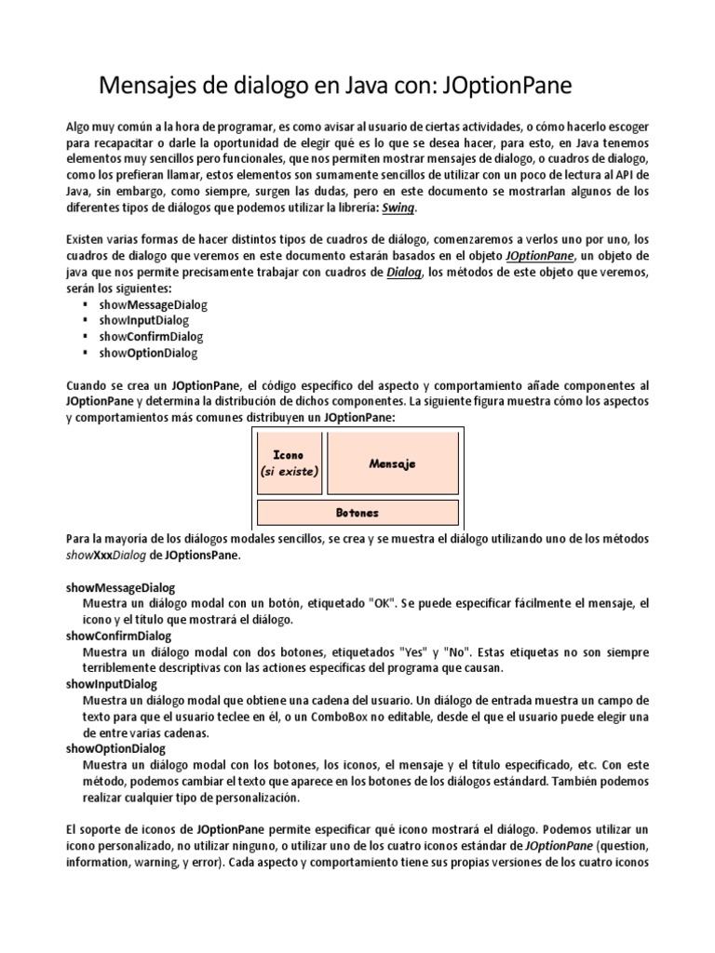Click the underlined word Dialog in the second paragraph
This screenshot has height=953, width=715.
pos(403,272)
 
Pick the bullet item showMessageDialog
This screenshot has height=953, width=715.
pos(153,304)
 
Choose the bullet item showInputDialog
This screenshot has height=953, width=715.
pos(143,320)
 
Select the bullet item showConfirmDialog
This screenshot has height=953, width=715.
pos(151,336)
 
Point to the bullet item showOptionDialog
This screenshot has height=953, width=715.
pos(148,353)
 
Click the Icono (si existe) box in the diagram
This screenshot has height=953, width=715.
pos(289,463)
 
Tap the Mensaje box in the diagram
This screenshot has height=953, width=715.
pos(392,463)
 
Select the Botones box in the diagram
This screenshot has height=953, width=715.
pos(357,513)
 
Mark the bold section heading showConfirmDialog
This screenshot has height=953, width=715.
pos(119,636)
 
